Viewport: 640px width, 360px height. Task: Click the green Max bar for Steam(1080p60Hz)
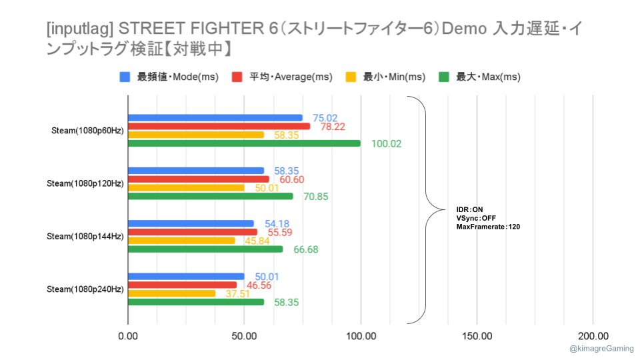coord(243,143)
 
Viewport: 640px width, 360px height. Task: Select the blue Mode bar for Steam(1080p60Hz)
coord(215,117)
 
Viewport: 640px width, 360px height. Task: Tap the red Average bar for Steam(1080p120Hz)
coord(198,179)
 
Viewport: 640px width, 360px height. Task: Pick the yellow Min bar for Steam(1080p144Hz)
coord(181,240)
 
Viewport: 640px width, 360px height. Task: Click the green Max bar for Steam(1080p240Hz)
coord(195,302)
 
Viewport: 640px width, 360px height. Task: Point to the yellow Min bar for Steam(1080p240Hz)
coord(171,293)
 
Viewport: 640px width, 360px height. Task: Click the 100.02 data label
coord(387,143)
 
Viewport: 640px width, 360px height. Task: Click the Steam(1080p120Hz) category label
coord(85,183)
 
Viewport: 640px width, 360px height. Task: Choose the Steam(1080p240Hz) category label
coord(85,289)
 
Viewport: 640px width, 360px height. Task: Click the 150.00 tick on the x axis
coord(477,336)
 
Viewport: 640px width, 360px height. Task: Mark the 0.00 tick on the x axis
coord(127,336)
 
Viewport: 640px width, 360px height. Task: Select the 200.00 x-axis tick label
coord(593,336)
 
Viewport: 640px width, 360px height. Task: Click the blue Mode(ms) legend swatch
coord(125,77)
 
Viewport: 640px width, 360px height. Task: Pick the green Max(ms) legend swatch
coord(445,77)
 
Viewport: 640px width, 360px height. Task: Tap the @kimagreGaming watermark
coord(602,349)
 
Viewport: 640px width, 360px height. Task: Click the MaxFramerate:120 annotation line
coord(488,227)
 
